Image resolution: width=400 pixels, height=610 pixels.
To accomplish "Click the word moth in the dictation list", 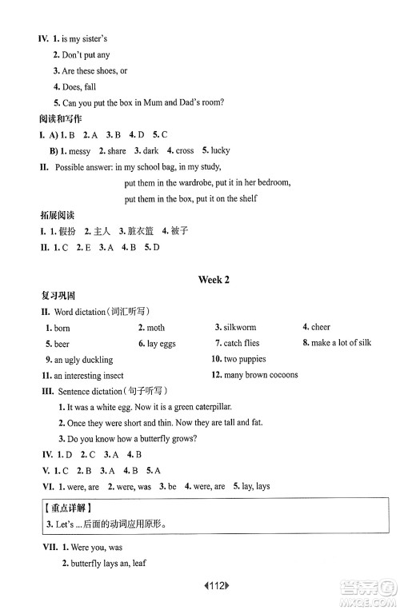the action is pos(156,328).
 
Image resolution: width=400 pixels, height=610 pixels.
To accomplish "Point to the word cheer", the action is pos(321,327).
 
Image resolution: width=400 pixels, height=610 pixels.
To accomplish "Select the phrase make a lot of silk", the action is pos(342,343).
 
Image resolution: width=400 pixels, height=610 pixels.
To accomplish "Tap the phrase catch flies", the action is pos(241,343).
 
